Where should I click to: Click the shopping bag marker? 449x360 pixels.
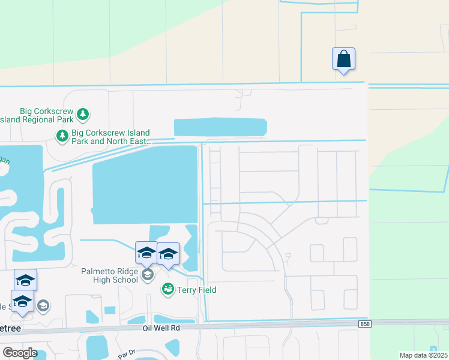coord(343,59)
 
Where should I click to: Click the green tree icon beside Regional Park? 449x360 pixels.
coord(83,113)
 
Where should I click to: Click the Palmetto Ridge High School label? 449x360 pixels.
coord(110,275)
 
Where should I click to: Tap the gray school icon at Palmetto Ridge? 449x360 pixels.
coord(148,275)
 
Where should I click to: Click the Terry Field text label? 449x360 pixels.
coord(196,290)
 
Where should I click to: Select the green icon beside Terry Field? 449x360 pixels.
coord(167,290)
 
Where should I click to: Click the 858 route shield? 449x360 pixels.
coord(364,324)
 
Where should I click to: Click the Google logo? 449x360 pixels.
coord(20,353)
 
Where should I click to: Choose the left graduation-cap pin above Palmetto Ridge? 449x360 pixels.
coord(146,253)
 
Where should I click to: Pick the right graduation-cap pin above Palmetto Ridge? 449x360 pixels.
coord(169,254)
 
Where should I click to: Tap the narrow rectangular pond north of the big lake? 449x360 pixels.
coord(220,127)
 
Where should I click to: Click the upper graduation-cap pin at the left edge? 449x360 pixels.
coord(25,280)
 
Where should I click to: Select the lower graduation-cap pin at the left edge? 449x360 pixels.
coord(22,301)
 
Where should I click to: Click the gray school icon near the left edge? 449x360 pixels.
coord(43,306)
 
